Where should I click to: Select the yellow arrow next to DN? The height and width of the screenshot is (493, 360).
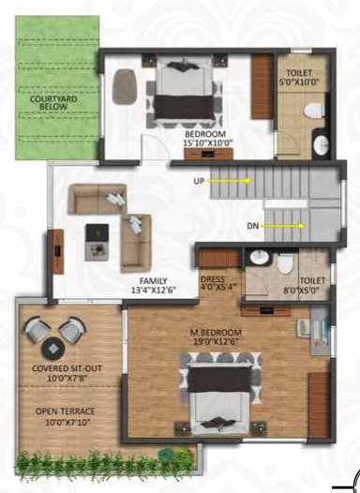[x=284, y=226]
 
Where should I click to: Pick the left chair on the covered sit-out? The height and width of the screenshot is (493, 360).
[x=39, y=332]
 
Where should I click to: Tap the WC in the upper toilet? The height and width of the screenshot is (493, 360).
[x=313, y=111]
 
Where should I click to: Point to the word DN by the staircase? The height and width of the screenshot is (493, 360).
[x=250, y=226]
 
